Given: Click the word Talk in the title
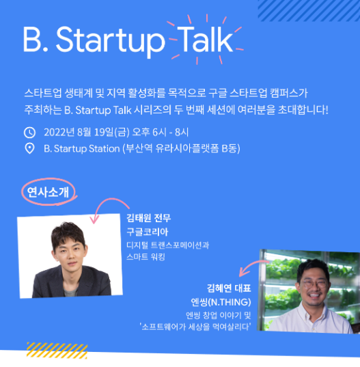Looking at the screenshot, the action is [x=205, y=40].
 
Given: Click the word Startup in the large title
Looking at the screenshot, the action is [x=111, y=42].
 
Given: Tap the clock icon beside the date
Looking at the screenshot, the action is [x=29, y=133].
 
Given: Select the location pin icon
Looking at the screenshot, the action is [x=29, y=148].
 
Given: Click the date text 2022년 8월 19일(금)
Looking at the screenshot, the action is [x=87, y=133].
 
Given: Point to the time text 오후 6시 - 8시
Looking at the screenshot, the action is [x=161, y=133].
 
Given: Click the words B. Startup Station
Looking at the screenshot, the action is [x=82, y=148].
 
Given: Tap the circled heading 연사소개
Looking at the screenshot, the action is [x=49, y=193].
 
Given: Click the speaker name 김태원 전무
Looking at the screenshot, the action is [x=149, y=218].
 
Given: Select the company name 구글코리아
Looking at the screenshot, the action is [x=148, y=232].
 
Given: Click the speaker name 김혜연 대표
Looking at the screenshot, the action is [x=229, y=288].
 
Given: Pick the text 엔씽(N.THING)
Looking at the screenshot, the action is [x=221, y=302].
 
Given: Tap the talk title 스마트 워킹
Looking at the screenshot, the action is [x=146, y=257].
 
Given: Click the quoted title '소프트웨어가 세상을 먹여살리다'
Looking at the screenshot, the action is [x=195, y=327].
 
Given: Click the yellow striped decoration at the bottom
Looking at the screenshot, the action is [x=57, y=351].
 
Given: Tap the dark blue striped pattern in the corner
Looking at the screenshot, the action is [x=309, y=10].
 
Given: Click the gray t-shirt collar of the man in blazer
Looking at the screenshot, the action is [x=70, y=292].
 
